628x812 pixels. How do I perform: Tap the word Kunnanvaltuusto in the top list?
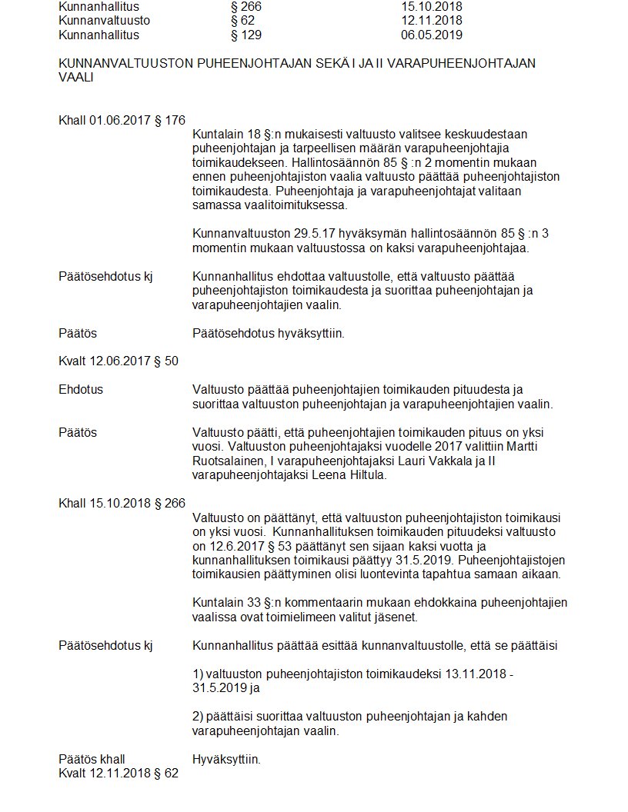click(104, 21)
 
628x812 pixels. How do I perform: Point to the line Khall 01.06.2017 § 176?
click(122, 120)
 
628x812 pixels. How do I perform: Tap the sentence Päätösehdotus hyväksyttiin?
click(268, 334)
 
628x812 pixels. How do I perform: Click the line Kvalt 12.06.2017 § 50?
click(119, 361)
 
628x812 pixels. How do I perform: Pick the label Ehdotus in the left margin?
click(80, 389)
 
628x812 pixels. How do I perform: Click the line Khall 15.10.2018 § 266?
click(122, 503)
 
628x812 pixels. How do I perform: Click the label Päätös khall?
click(92, 759)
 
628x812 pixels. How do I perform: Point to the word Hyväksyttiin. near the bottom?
click(226, 759)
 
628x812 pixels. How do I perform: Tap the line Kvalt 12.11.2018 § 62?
click(119, 773)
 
